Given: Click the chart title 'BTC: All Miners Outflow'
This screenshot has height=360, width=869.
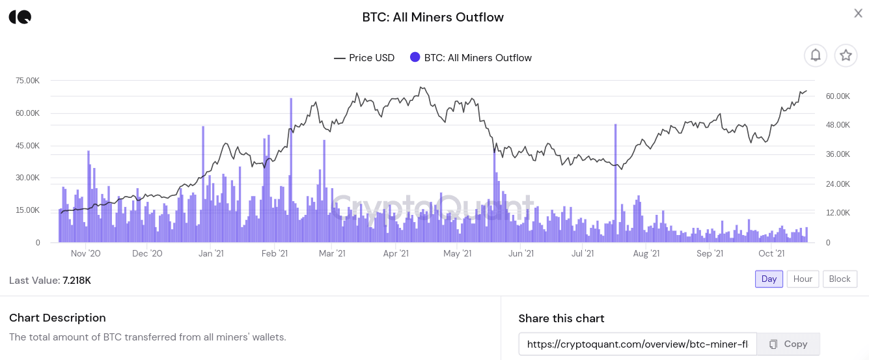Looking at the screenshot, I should coord(433,18).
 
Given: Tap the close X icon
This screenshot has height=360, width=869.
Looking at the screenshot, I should coord(858,13).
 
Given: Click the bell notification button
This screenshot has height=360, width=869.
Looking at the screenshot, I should coord(816,55).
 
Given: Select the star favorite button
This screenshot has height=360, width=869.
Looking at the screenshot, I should coord(846,55).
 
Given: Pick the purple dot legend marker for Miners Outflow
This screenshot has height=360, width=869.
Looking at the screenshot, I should coord(415,57).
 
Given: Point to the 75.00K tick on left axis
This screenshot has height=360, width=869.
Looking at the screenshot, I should coord(27,81).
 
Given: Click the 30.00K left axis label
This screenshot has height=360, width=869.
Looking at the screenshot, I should coord(27,178).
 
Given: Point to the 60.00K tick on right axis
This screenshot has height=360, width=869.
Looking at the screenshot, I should coord(838,96).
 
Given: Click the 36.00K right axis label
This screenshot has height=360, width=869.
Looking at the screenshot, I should coord(838,154).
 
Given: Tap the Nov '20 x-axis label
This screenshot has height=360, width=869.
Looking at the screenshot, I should coord(85,254).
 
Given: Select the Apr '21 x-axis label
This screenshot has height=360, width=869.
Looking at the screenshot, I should coord(395,254).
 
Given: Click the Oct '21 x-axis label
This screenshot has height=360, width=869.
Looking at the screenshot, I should coord(771,254).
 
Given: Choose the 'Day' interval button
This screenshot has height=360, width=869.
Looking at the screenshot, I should coord(769,279).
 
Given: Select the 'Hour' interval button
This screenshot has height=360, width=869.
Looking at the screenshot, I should coord(803,279).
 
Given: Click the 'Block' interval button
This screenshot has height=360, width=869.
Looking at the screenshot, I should coord(840,279).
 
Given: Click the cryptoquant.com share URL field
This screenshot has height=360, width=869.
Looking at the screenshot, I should coord(637,344).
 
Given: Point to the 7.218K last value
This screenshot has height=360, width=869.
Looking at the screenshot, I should coord(77,281).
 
